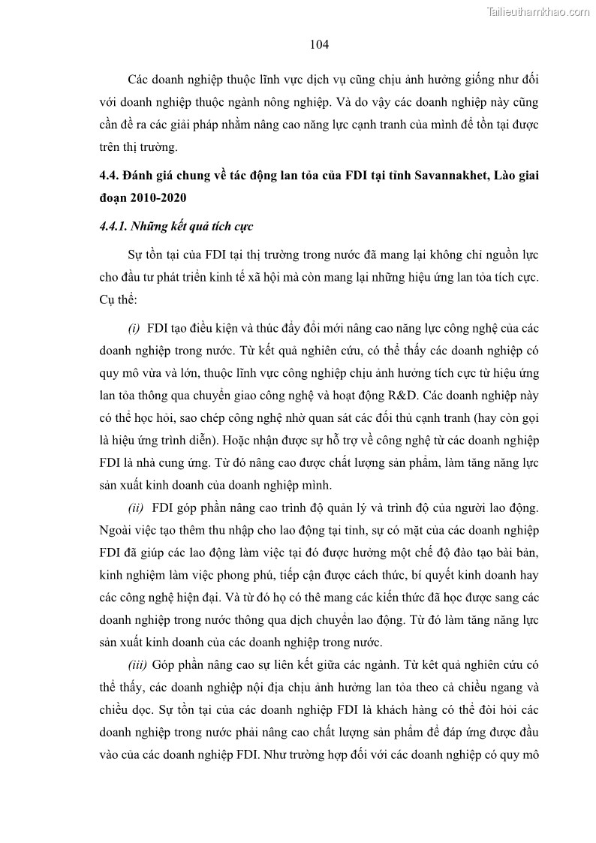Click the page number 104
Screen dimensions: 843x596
(319, 44)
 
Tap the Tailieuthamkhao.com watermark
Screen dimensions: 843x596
(539, 11)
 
